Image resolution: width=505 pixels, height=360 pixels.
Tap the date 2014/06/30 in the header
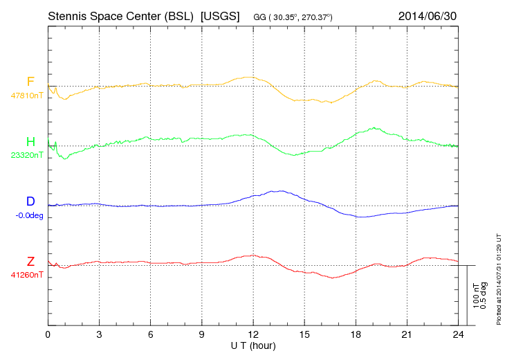427,15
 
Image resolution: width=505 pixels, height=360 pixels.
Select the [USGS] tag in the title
219,15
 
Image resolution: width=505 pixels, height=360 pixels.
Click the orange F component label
30,82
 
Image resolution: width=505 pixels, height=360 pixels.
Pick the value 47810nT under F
27,96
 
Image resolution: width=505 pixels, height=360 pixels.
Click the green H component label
30,142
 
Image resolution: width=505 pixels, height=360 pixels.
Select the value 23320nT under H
27,155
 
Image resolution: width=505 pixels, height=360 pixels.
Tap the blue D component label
30,201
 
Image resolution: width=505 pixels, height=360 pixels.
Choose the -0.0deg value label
29,215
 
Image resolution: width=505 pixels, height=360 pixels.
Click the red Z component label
30,262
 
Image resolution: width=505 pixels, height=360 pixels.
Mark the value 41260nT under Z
27,275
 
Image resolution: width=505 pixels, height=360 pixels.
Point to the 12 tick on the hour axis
253,334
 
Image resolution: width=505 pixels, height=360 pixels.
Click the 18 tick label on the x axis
356,334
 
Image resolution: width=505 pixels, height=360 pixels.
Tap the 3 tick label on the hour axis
99,334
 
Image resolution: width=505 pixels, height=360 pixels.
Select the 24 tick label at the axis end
457,334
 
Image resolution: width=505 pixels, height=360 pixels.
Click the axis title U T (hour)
253,345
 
